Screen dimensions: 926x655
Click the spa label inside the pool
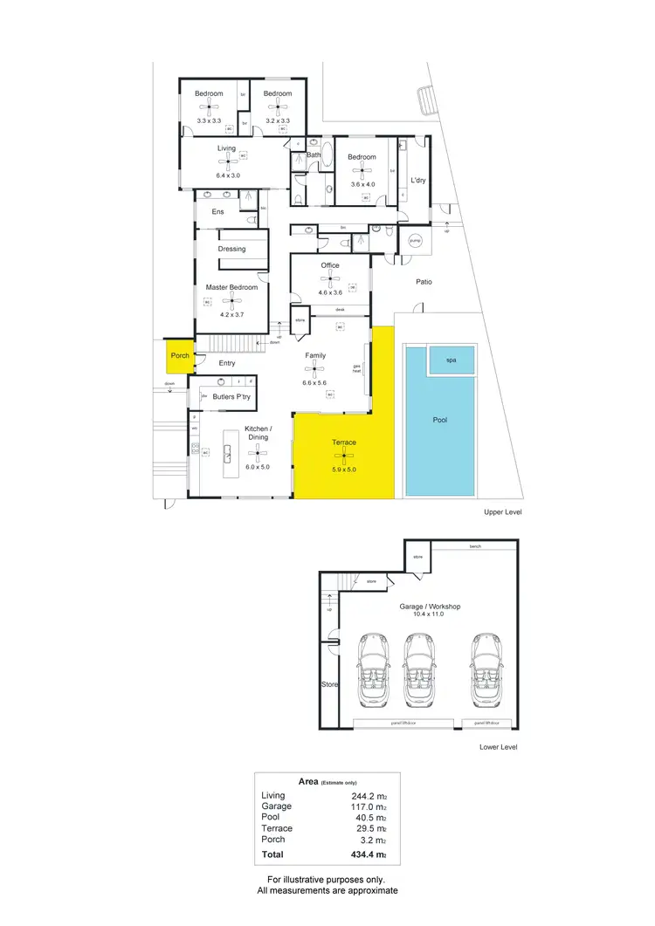pyautogui.click(x=452, y=360)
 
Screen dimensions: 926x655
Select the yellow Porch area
pyautogui.click(x=180, y=356)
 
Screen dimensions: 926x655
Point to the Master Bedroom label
pyautogui.click(x=231, y=287)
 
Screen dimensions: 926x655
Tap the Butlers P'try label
pyautogui.click(x=232, y=397)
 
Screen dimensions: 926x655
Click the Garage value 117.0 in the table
pyautogui.click(x=367, y=806)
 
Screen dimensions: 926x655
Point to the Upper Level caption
pyautogui.click(x=502, y=512)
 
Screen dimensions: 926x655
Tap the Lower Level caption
pyautogui.click(x=499, y=747)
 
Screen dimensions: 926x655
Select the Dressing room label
pyautogui.click(x=231, y=249)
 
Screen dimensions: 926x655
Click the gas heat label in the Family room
pyautogui.click(x=356, y=368)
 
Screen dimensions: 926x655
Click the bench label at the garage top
pyautogui.click(x=475, y=546)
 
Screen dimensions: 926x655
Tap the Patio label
pyautogui.click(x=424, y=282)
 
